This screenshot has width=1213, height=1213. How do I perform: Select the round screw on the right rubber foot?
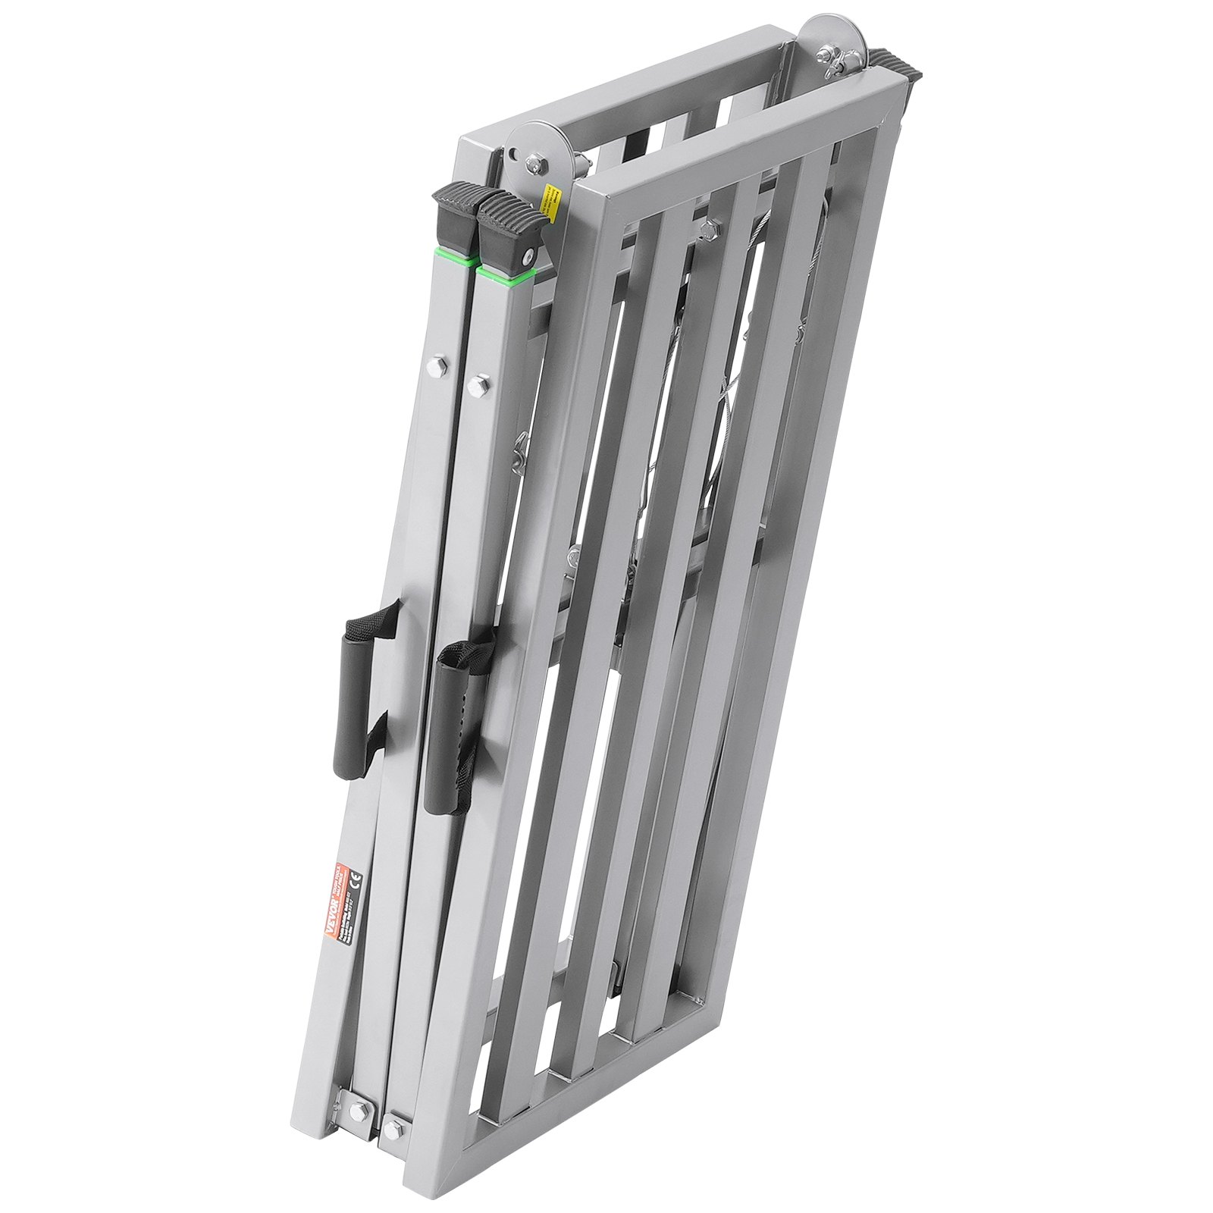[528, 258]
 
